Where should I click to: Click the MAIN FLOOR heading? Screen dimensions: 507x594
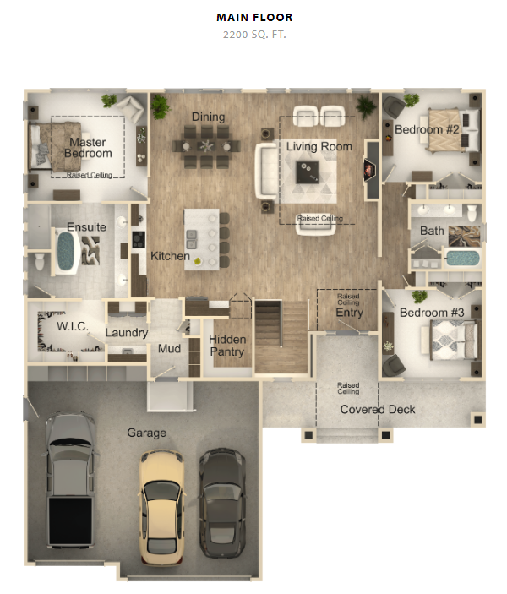[254, 18]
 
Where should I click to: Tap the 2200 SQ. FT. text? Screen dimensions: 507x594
[254, 35]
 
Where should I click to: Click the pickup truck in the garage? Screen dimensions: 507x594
[70, 480]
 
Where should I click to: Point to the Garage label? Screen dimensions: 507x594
[147, 433]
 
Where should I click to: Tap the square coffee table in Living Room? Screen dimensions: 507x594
[308, 172]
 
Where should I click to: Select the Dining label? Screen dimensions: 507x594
[208, 117]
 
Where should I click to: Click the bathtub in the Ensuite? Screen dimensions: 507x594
[66, 251]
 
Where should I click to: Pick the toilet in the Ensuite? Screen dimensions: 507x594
[40, 261]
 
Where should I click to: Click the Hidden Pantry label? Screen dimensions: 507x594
[227, 346]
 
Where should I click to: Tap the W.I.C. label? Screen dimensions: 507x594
[73, 326]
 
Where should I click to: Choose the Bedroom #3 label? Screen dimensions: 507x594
[432, 313]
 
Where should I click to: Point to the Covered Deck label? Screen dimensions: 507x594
[378, 410]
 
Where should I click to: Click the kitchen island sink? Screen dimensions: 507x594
[191, 239]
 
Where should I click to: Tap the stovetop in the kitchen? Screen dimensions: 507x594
[139, 239]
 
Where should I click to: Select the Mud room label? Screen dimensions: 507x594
[169, 348]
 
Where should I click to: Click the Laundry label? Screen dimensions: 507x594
[127, 333]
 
